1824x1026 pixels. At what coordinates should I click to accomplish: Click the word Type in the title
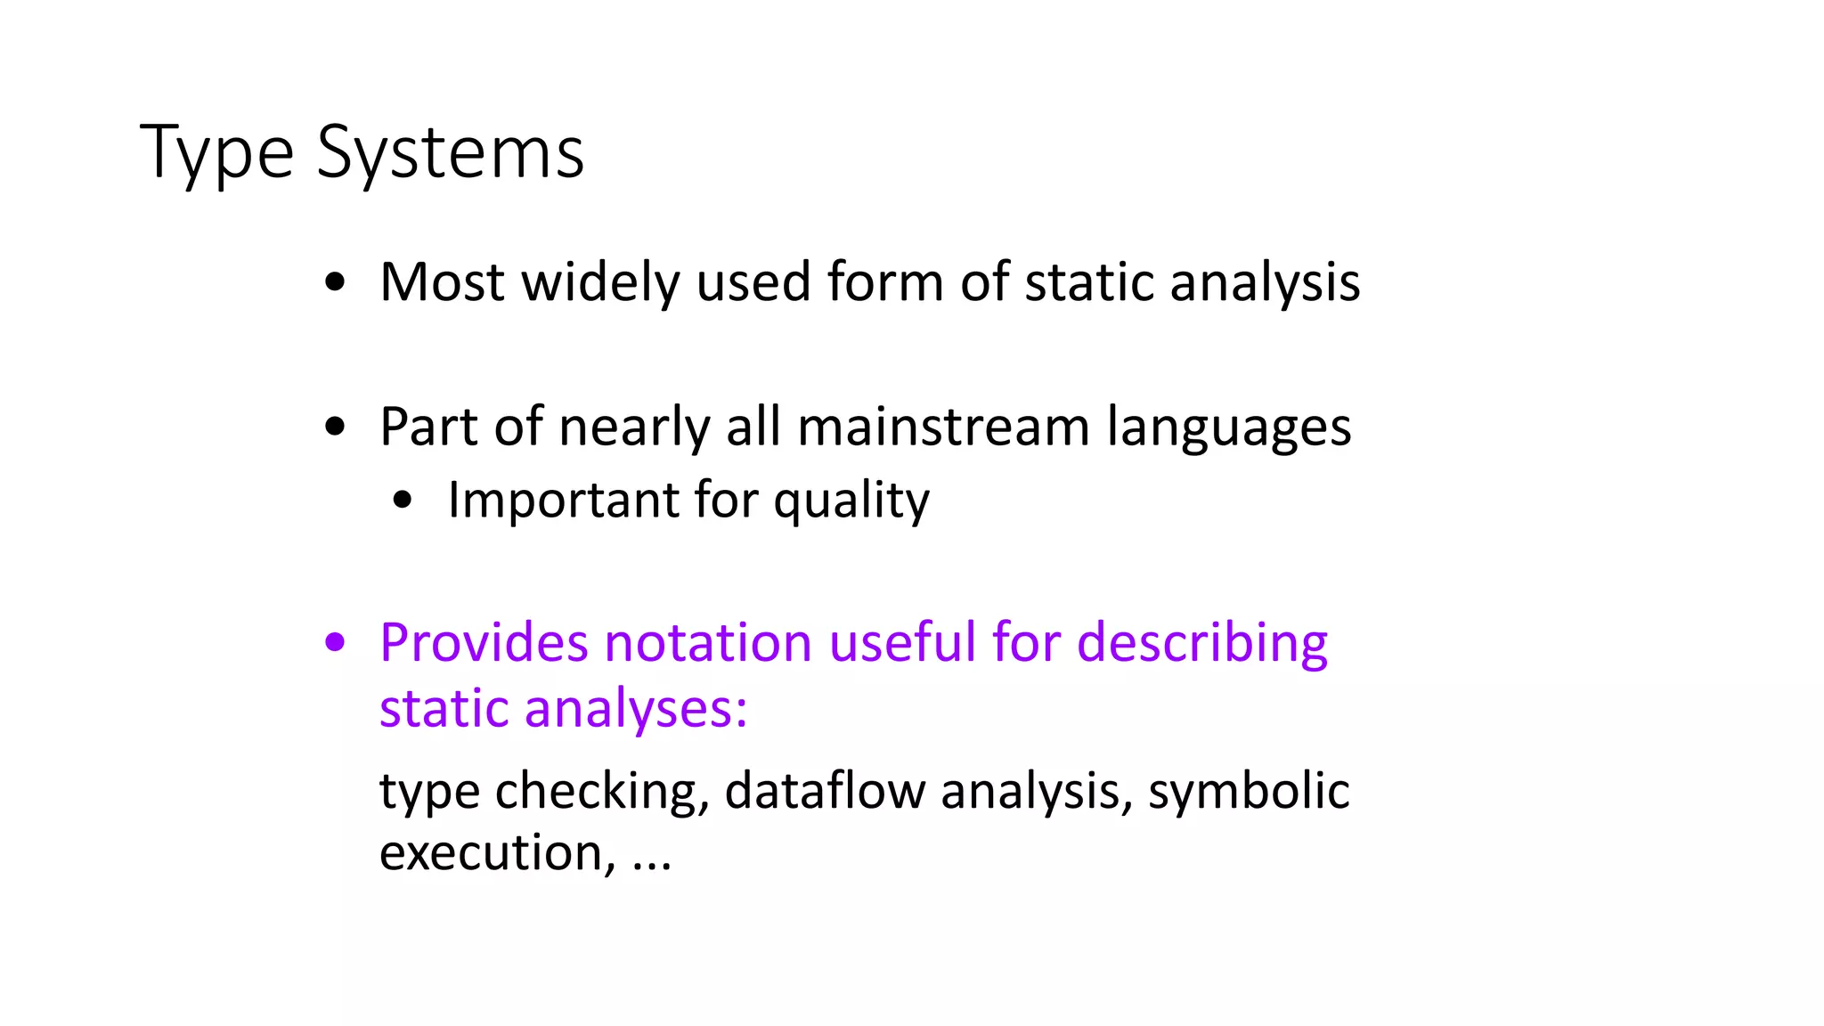tap(216, 153)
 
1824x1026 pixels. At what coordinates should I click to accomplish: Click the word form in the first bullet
tap(884, 282)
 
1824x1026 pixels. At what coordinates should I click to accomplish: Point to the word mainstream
tap(943, 427)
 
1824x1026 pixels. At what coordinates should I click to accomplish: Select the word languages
tap(1228, 428)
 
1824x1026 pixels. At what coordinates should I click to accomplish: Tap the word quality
tap(851, 501)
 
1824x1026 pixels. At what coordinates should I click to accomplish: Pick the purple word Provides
tap(483, 642)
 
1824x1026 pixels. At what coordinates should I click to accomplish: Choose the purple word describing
tap(1202, 644)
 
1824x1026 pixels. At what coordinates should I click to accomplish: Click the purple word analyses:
tap(635, 710)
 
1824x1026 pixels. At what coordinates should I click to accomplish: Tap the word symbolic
tap(1249, 791)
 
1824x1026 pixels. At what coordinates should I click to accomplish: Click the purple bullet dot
tap(335, 642)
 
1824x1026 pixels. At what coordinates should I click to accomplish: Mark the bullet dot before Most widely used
tap(335, 282)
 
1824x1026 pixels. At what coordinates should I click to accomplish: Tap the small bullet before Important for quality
tap(403, 500)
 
